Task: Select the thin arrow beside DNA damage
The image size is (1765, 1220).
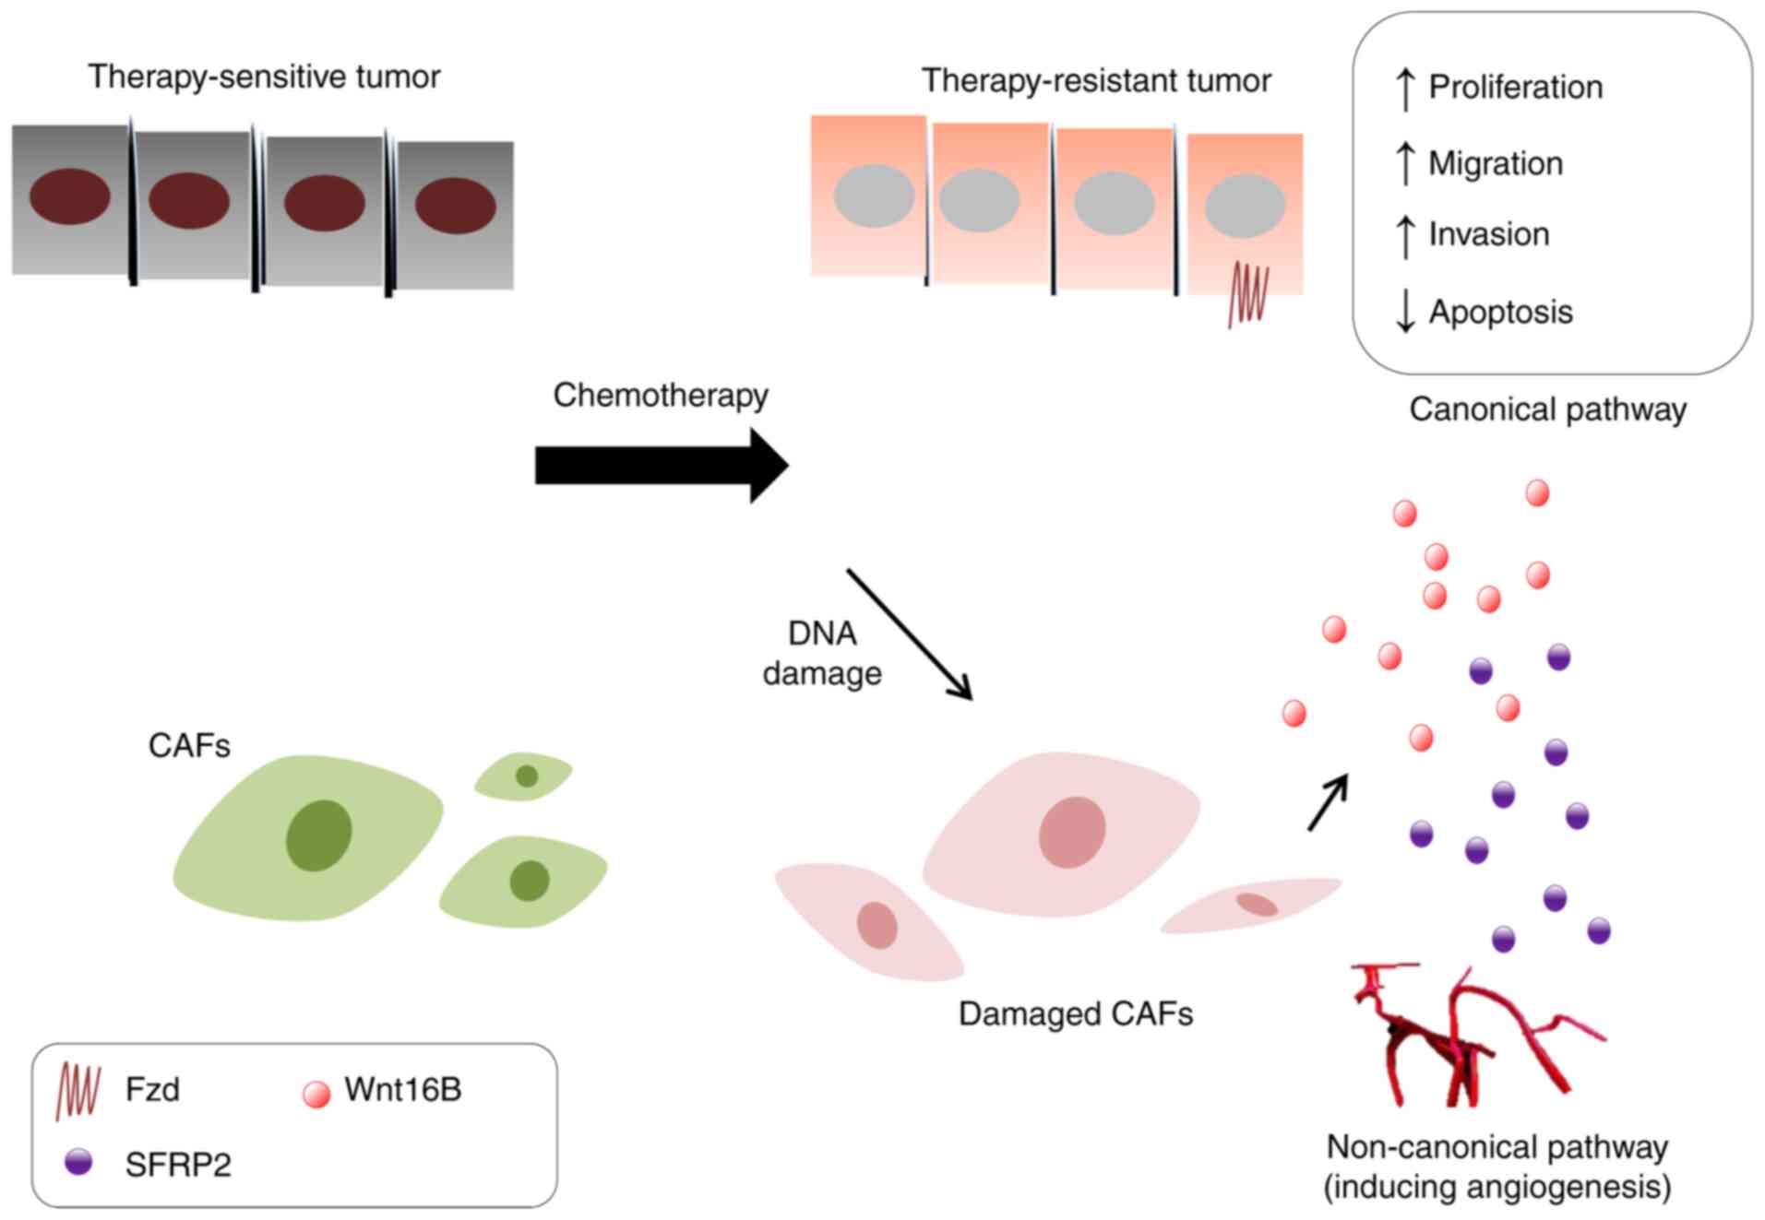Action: coord(909,634)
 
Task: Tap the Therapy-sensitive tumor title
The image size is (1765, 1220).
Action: coord(264,77)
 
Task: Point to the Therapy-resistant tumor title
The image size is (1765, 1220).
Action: coord(1096,81)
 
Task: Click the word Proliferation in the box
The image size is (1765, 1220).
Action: coord(1515,88)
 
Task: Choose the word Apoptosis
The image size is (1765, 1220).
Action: coord(1500,312)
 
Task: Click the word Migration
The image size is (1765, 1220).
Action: coord(1495,164)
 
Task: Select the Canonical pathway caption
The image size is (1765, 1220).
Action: coord(1547,409)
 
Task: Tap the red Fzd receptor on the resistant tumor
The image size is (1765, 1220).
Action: coord(1248,294)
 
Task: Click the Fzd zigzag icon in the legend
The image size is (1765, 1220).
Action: coord(78,1091)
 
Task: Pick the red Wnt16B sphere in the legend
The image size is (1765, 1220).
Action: coord(316,1094)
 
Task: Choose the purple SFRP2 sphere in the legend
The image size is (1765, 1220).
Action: coord(78,1162)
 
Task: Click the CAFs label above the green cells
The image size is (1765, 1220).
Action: coord(189,745)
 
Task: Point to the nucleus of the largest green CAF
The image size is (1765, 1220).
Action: coord(318,835)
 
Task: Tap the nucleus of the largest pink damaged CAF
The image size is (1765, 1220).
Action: coord(1071,832)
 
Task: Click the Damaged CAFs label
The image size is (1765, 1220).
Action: coord(1075,1014)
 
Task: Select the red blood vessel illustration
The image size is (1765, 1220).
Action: coord(1467,1037)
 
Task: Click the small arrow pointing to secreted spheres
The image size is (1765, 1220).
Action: coord(1328,802)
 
